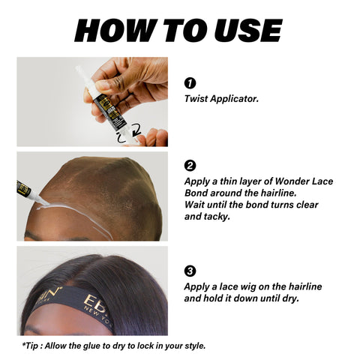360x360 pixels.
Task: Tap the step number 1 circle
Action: click(x=190, y=83)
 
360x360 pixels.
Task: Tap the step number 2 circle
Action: click(x=190, y=166)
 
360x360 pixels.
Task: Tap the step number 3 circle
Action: click(x=190, y=271)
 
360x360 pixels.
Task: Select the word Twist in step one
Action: click(x=196, y=99)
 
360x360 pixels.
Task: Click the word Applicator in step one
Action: click(x=234, y=99)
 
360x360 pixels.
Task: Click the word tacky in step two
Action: click(x=217, y=217)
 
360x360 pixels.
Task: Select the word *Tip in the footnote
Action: click(x=30, y=346)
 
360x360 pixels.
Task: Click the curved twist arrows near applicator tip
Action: click(x=130, y=134)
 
